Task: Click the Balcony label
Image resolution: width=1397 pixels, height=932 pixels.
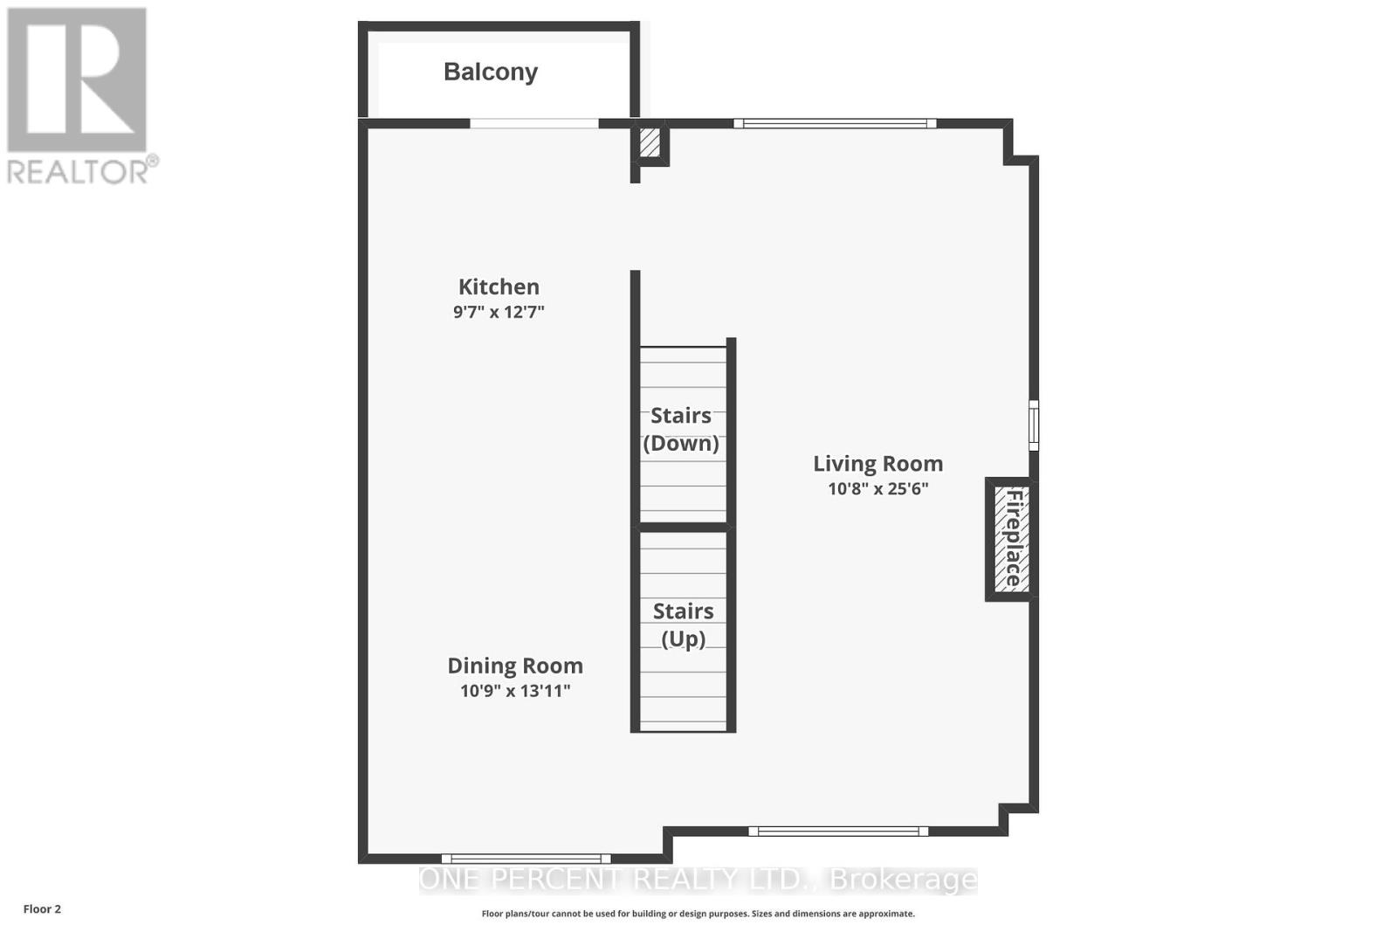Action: click(490, 72)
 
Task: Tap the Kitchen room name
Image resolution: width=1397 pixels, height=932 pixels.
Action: click(499, 287)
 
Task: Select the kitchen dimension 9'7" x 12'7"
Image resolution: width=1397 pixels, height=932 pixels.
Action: click(499, 312)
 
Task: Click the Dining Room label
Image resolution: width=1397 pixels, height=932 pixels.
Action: click(515, 666)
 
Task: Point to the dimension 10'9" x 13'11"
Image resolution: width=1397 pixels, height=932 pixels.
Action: click(515, 691)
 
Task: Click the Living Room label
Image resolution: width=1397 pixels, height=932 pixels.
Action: click(877, 464)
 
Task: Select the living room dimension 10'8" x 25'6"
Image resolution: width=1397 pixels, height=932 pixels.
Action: click(877, 489)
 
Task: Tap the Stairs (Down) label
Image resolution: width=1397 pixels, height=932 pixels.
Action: click(681, 429)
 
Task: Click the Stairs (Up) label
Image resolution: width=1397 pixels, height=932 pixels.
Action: click(683, 625)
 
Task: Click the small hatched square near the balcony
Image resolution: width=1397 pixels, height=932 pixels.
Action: click(650, 142)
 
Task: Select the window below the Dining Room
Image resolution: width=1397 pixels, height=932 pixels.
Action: click(526, 859)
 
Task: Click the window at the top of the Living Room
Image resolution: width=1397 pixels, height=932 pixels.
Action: click(835, 123)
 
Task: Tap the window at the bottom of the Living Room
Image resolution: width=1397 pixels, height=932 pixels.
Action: click(838, 831)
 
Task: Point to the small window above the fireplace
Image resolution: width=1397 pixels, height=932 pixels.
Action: click(1034, 425)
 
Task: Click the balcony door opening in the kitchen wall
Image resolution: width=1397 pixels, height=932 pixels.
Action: click(534, 123)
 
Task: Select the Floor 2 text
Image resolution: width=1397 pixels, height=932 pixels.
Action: click(42, 909)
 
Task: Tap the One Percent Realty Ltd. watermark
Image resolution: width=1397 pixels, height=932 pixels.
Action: click(698, 880)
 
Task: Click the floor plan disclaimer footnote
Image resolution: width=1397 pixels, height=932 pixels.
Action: click(698, 914)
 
